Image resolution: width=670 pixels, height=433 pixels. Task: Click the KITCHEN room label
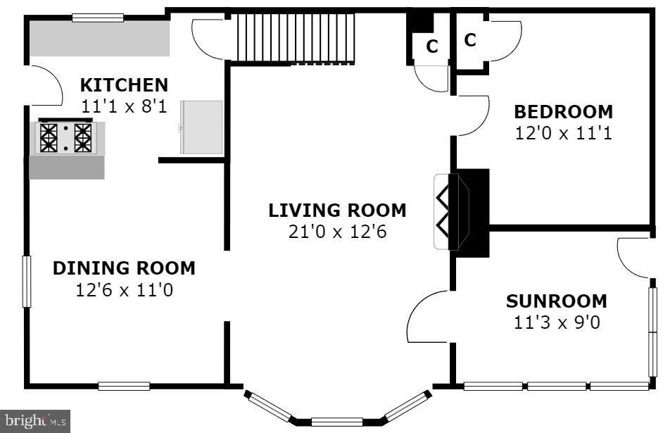click(x=124, y=85)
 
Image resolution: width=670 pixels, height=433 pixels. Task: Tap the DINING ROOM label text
click(x=124, y=268)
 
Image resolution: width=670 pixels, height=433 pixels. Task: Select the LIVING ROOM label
click(x=337, y=211)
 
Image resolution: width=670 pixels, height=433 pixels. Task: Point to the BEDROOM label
click(x=563, y=112)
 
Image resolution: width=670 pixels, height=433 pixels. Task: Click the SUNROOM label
click(x=556, y=301)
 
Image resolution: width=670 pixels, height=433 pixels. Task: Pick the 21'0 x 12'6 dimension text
click(x=337, y=232)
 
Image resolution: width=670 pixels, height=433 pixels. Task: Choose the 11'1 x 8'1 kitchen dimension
click(x=124, y=106)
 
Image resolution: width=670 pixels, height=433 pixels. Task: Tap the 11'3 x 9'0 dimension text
click(x=556, y=322)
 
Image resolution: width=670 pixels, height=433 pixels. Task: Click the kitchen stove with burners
click(x=65, y=137)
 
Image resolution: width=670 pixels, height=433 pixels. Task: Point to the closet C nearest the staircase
click(x=432, y=46)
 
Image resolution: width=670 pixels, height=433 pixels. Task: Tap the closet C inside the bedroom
click(x=470, y=39)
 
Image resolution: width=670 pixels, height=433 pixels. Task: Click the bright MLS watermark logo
click(x=35, y=422)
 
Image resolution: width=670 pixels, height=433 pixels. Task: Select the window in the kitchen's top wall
click(x=98, y=18)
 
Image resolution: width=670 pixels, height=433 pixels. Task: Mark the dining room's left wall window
click(x=27, y=281)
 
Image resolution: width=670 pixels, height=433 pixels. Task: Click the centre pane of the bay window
click(x=337, y=422)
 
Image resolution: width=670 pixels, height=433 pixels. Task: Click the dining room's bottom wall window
click(x=124, y=386)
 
